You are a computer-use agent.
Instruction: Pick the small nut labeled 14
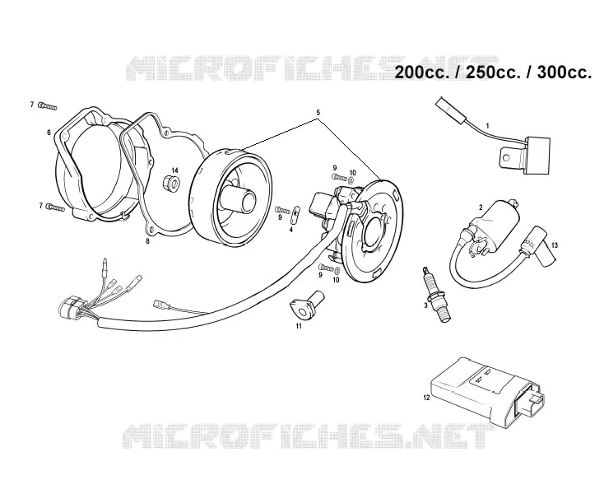171,183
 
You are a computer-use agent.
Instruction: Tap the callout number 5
318,113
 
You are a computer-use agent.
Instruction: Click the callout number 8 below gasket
147,241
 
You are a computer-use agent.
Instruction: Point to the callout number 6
49,133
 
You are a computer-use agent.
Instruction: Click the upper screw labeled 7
48,106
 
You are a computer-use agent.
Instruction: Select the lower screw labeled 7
54,207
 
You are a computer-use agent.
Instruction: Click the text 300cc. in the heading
564,72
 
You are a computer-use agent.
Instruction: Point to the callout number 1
488,126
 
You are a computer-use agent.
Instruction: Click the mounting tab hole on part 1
507,157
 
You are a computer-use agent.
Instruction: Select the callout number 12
426,398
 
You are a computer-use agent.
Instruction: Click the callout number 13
555,245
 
